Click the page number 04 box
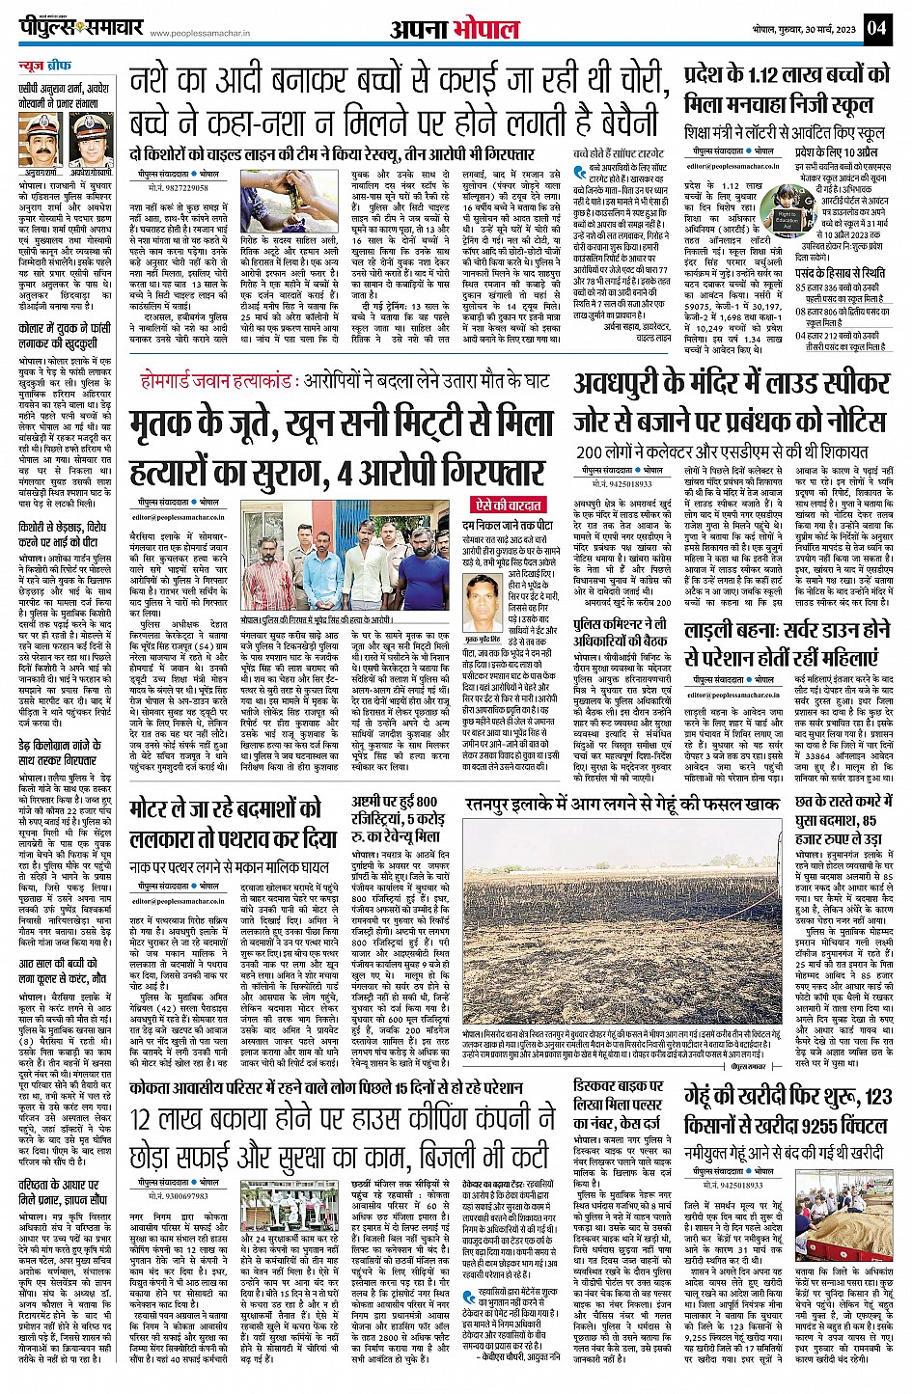875,28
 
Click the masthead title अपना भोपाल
455,29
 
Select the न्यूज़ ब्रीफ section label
44,67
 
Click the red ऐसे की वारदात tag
509,506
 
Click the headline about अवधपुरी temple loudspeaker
731,404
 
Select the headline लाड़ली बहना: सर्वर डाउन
787,643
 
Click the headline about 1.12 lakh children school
786,89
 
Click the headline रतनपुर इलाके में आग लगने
622,803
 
